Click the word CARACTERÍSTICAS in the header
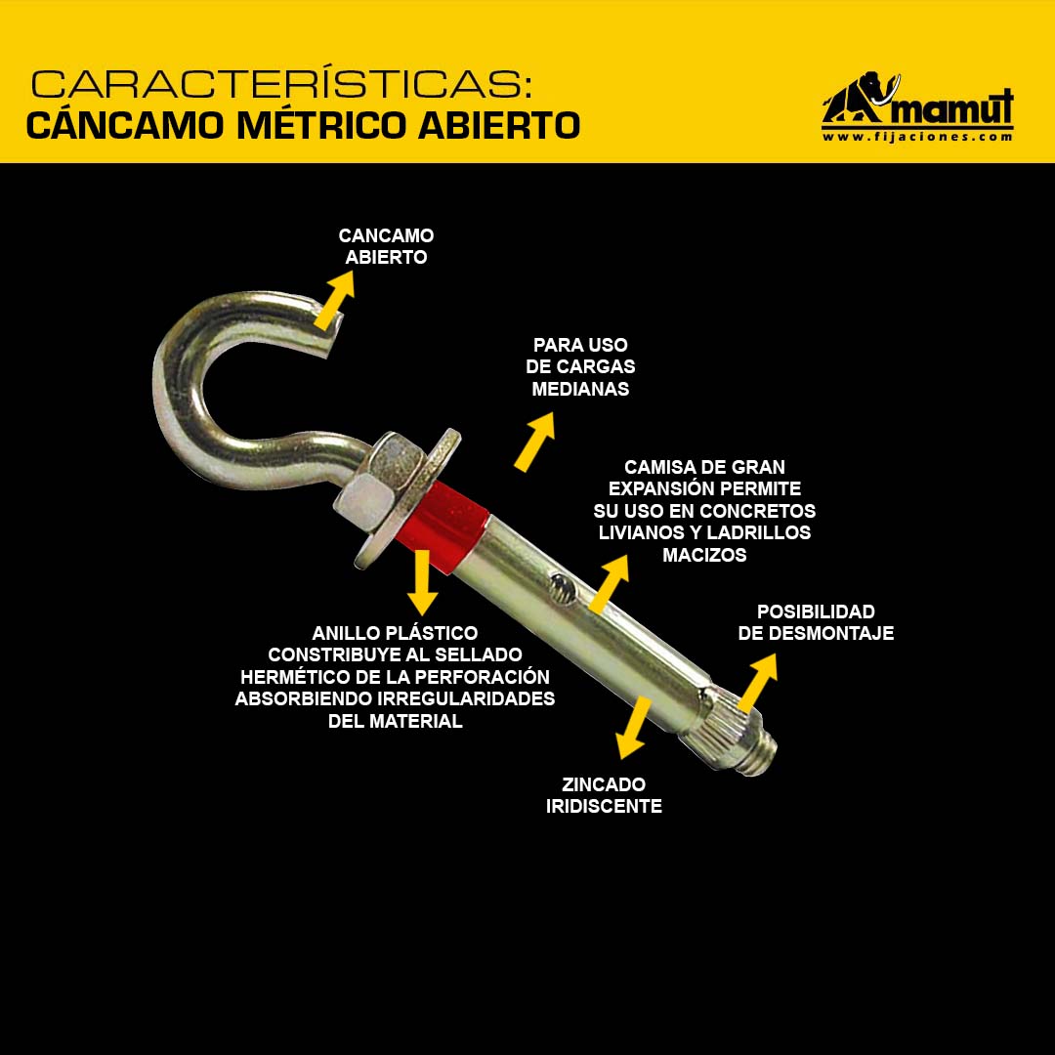click(282, 84)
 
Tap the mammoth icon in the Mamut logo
click(861, 99)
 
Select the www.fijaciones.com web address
click(917, 137)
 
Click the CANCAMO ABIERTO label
click(386, 246)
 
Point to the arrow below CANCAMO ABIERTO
click(334, 300)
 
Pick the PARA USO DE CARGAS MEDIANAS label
click(580, 366)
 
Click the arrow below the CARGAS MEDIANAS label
click(535, 442)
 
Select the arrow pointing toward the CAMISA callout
click(609, 583)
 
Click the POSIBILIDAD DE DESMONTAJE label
click(816, 622)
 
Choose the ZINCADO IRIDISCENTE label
click(604, 795)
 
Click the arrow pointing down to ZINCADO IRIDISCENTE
click(634, 728)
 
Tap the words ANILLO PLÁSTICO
click(395, 633)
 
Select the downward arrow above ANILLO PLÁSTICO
click(423, 582)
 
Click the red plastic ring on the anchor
click(445, 524)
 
